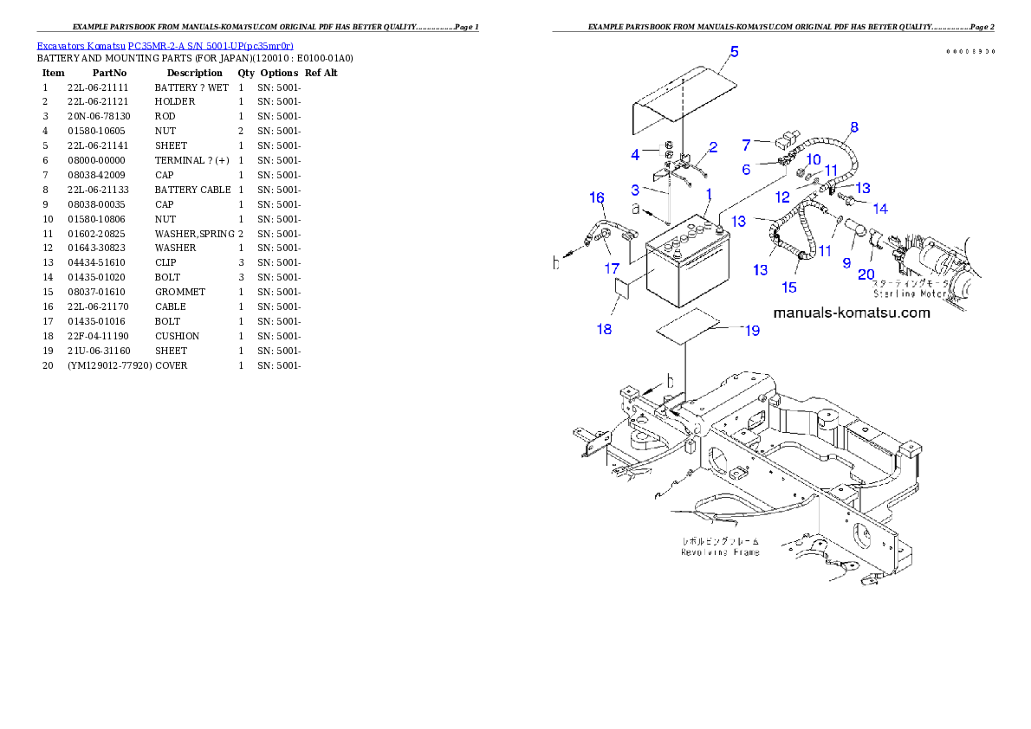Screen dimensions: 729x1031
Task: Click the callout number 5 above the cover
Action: point(734,51)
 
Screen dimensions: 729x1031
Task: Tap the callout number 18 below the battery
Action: point(604,329)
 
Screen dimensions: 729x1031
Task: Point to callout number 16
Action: point(597,198)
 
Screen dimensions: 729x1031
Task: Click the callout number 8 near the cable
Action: point(853,127)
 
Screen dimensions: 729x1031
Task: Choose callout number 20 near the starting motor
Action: point(866,274)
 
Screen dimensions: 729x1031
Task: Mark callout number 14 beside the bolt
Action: point(880,209)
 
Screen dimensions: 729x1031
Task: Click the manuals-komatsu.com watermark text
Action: point(851,313)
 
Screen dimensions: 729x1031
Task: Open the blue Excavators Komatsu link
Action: point(165,45)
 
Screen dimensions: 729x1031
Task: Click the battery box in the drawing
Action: point(689,273)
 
